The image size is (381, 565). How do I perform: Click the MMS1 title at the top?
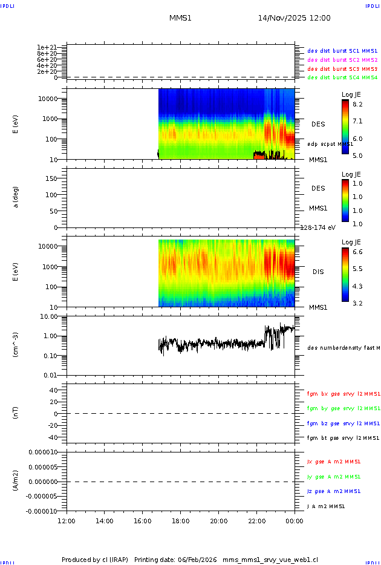pos(180,18)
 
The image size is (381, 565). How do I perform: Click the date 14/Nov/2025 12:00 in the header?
pos(294,18)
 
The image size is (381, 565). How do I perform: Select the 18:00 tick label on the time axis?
pos(181,521)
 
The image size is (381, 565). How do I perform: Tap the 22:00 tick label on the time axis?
pos(256,521)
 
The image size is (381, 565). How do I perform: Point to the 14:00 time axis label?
pos(105,521)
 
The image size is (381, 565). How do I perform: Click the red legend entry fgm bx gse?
pos(343,394)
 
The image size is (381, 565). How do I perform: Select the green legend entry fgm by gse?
pos(343,408)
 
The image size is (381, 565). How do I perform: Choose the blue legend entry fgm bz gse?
pos(343,423)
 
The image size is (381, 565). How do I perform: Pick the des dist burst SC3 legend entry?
pos(342,69)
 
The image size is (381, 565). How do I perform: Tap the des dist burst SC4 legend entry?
pos(342,77)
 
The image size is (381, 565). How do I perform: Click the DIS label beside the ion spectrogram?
pos(318,272)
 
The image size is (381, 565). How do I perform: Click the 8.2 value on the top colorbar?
pos(357,105)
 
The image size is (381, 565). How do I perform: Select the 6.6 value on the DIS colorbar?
pos(357,251)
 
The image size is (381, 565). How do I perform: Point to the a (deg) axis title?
pos(16,197)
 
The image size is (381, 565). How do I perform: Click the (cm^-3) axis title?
pos(16,345)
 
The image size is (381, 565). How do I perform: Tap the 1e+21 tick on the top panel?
pos(47,47)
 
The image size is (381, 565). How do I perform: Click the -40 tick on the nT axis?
pos(53,437)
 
